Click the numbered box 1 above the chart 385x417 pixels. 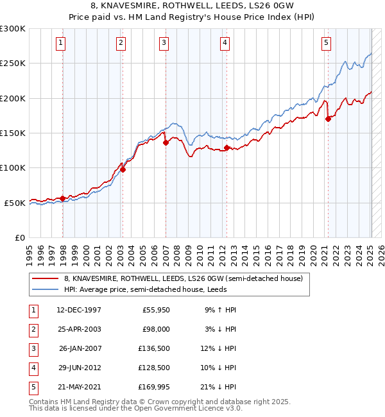[60, 43]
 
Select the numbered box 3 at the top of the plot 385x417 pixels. [164, 43]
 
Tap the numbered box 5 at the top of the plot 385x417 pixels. [326, 43]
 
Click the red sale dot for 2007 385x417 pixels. [166, 142]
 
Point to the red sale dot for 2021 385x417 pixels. [328, 119]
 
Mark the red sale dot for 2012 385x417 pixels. [227, 148]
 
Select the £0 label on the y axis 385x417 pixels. [19, 237]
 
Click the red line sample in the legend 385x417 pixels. [45, 278]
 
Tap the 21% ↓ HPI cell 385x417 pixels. [221, 386]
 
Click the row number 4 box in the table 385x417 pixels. [33, 367]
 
